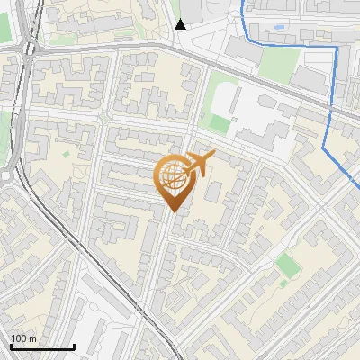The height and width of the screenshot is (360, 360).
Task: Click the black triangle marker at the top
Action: (181, 24)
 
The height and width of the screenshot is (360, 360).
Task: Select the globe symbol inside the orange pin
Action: (175, 176)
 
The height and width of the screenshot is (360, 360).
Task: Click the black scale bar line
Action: (41, 347)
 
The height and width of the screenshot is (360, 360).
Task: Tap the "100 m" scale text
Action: (24, 338)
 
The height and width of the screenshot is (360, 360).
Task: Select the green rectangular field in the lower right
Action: (286, 265)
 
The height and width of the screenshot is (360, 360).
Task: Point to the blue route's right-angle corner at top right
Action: (337, 48)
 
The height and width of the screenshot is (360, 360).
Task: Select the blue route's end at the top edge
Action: (243, 3)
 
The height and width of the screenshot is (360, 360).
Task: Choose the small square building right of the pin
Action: (215, 191)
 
